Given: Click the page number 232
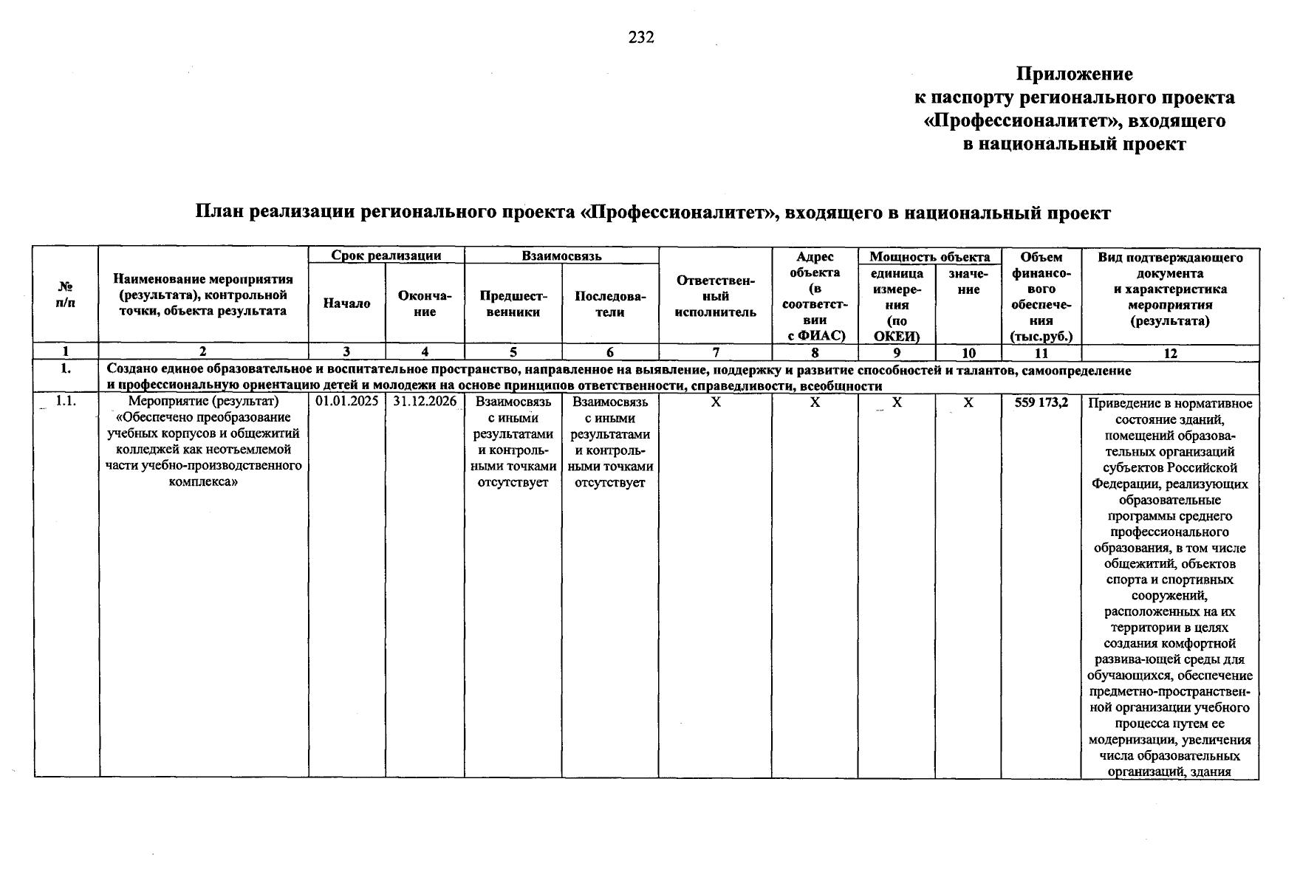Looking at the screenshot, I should [x=641, y=38].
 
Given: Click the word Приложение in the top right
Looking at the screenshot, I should [x=1074, y=74].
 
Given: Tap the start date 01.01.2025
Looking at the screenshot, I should [x=346, y=402].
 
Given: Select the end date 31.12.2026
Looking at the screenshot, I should [x=425, y=402].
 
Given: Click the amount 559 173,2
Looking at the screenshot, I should [x=1041, y=402].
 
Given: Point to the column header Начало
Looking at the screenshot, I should [x=346, y=303].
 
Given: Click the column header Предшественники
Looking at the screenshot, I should [x=513, y=303].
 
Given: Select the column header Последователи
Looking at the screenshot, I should [x=609, y=303].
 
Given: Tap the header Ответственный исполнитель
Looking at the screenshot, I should [x=715, y=296].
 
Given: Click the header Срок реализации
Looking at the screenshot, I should [x=386, y=256].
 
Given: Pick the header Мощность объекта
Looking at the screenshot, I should [x=929, y=257].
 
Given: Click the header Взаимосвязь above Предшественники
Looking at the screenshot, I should [x=561, y=256].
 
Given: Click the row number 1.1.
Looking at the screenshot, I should [x=66, y=402].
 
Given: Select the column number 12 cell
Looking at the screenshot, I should [x=1170, y=353].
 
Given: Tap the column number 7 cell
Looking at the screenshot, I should [x=715, y=353].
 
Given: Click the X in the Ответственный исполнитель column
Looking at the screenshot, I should [x=715, y=402].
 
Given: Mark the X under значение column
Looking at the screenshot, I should [x=968, y=402].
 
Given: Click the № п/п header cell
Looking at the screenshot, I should [x=66, y=295].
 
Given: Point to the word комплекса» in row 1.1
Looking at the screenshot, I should [x=203, y=481].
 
